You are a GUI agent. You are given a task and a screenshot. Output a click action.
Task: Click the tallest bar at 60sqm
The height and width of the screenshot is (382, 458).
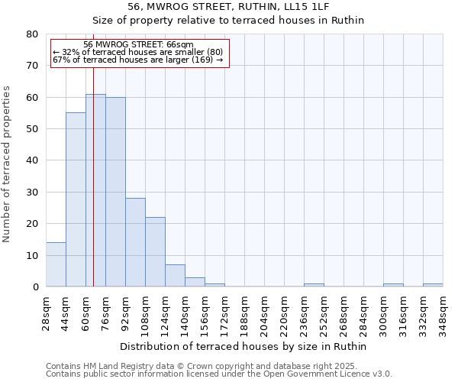click(95, 191)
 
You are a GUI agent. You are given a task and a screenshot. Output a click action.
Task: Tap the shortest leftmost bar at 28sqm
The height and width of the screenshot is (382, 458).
click(56, 264)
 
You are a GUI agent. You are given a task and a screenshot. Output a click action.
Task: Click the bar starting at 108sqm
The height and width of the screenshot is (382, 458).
click(155, 252)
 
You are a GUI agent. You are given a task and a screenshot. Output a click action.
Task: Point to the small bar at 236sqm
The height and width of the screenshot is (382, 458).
click(314, 285)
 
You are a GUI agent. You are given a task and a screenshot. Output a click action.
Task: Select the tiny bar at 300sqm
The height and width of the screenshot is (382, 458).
click(393, 285)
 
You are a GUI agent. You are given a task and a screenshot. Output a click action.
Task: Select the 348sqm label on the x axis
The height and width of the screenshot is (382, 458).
click(443, 312)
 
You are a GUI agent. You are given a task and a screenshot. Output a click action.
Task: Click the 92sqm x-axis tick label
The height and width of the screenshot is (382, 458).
click(126, 312)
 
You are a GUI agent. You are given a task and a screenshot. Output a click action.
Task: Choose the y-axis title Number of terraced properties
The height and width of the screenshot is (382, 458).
click(7, 163)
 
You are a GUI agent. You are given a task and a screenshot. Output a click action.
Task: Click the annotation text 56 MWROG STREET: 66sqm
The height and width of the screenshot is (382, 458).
click(138, 45)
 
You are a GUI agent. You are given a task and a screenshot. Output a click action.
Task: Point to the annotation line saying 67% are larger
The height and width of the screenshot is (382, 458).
click(138, 60)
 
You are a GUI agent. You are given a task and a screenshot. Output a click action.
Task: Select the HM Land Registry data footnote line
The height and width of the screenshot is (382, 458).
click(201, 366)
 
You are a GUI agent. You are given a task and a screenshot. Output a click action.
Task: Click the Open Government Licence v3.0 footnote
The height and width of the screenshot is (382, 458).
click(219, 374)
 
